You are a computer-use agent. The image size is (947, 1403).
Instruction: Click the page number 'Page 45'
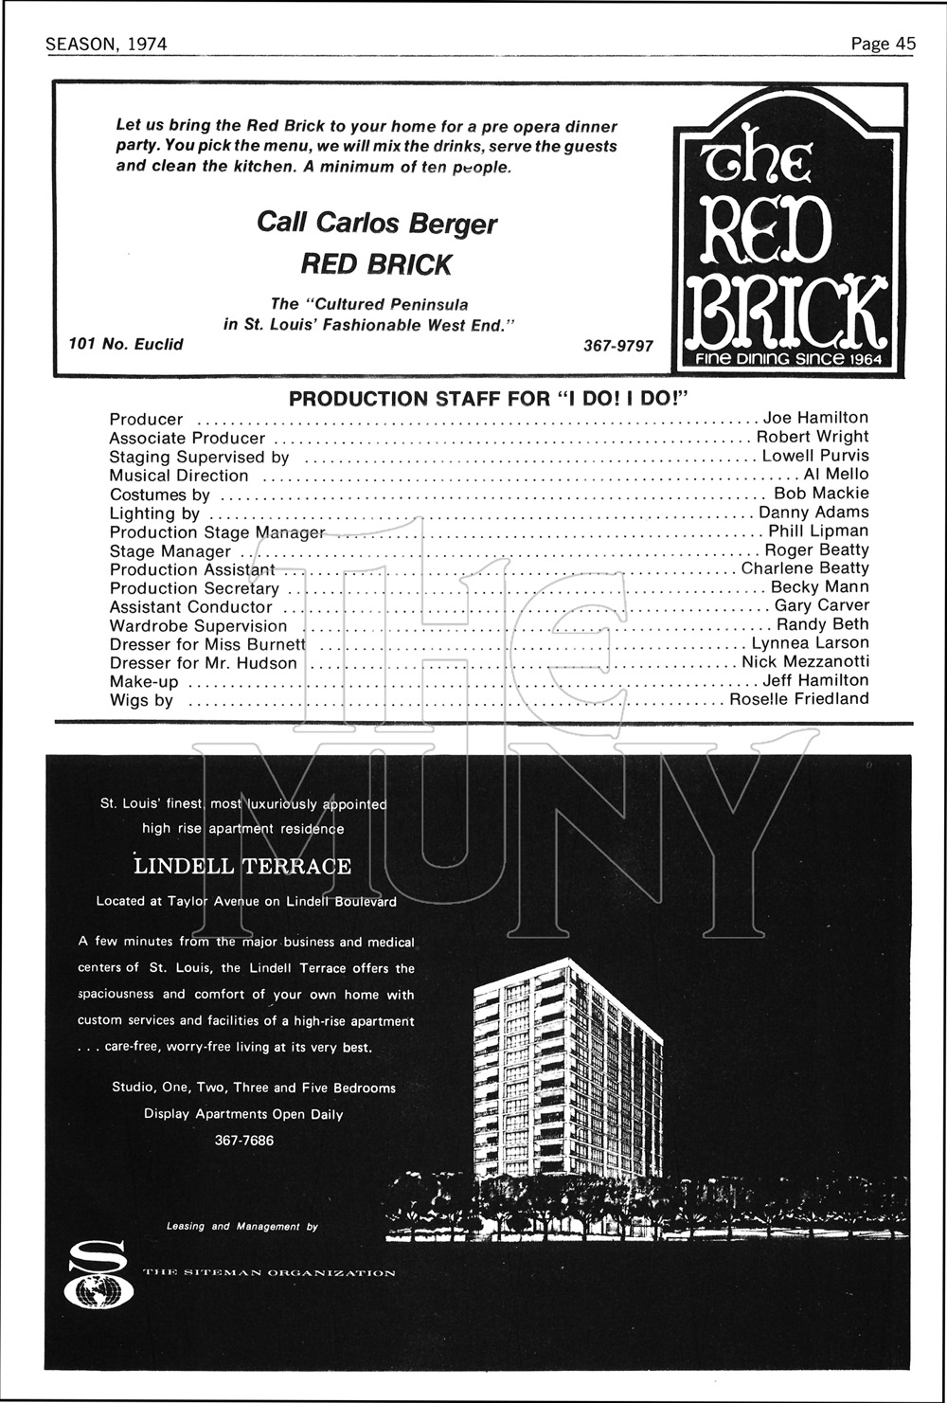(883, 44)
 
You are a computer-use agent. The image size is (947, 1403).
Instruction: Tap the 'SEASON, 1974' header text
(106, 45)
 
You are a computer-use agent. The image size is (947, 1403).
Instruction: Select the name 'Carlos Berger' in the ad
(406, 223)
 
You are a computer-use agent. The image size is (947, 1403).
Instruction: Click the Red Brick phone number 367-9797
(618, 346)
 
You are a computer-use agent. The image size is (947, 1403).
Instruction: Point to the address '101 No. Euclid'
(126, 344)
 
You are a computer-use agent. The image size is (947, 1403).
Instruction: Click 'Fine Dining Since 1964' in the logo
(788, 359)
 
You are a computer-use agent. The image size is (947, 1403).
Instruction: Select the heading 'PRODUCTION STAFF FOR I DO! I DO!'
(487, 398)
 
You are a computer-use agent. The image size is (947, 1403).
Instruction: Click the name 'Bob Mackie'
(821, 493)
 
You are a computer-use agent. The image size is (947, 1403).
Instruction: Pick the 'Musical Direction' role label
(179, 476)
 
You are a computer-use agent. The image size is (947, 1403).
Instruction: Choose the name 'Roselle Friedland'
(798, 699)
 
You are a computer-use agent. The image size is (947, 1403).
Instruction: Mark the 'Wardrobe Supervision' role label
(198, 626)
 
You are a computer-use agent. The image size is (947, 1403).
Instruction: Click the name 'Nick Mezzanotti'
(805, 661)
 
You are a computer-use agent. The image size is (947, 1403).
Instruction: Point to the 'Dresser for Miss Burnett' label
(207, 644)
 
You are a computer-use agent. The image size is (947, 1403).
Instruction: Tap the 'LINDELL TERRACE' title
(242, 866)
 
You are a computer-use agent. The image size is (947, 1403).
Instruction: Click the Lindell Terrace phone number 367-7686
(244, 1141)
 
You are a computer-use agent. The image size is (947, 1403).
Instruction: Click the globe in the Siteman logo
(93, 1291)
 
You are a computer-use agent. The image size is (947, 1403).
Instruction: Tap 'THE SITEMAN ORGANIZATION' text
(269, 1272)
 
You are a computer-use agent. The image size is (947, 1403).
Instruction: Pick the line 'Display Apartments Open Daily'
(243, 1114)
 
